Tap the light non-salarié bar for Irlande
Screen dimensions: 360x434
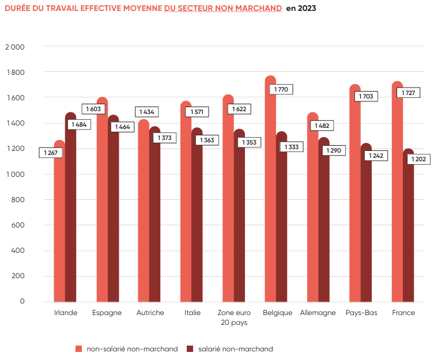pyautogui.click(x=59, y=230)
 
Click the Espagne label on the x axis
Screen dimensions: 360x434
pyautogui.click(x=107, y=313)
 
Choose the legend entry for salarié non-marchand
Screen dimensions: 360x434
pyautogui.click(x=229, y=348)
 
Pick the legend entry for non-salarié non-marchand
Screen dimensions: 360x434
pyautogui.click(x=127, y=348)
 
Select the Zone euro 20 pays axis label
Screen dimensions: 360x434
pyautogui.click(x=233, y=317)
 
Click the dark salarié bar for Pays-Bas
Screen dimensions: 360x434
pyautogui.click(x=367, y=230)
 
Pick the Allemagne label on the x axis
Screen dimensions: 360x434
pyautogui.click(x=318, y=313)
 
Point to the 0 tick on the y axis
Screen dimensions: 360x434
pyautogui.click(x=22, y=301)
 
